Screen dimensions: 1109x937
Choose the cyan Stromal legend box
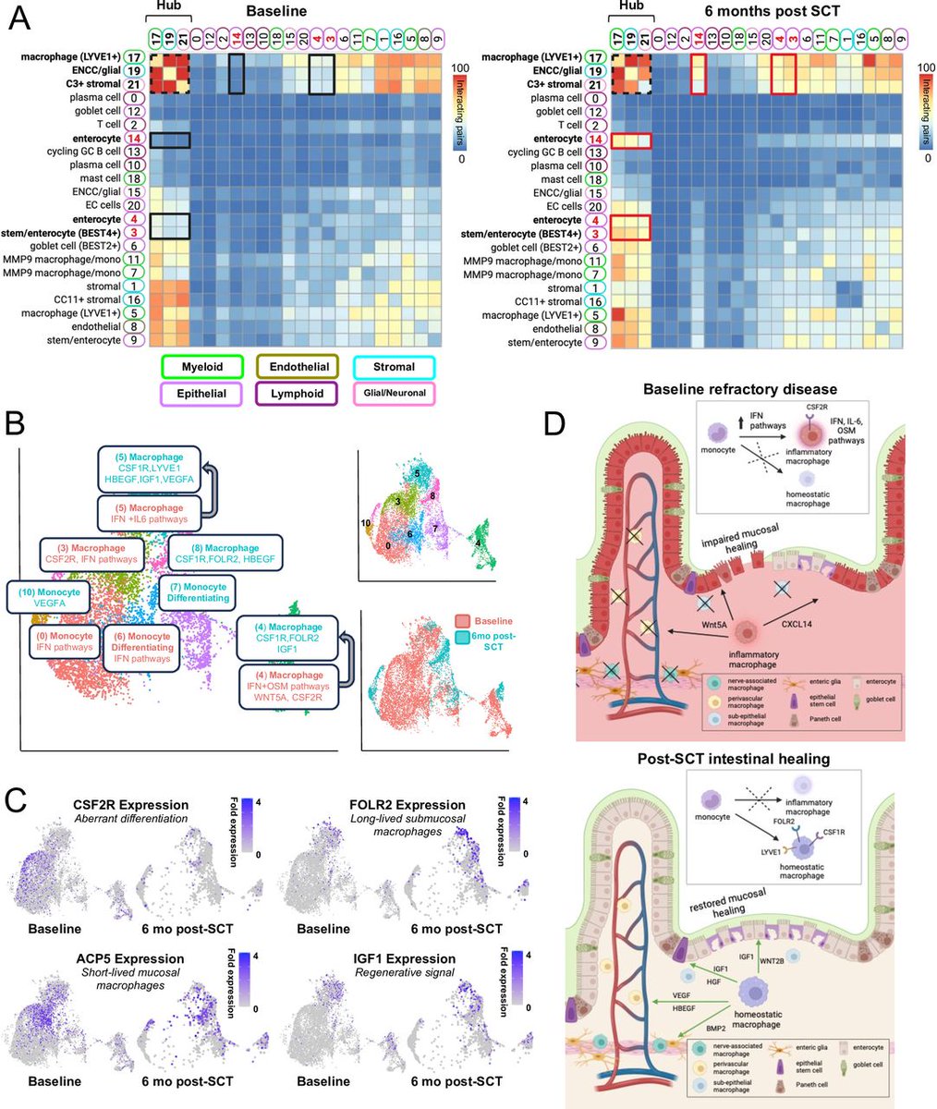pyautogui.click(x=395, y=366)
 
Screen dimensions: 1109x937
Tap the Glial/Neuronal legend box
pyautogui.click(x=395, y=393)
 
